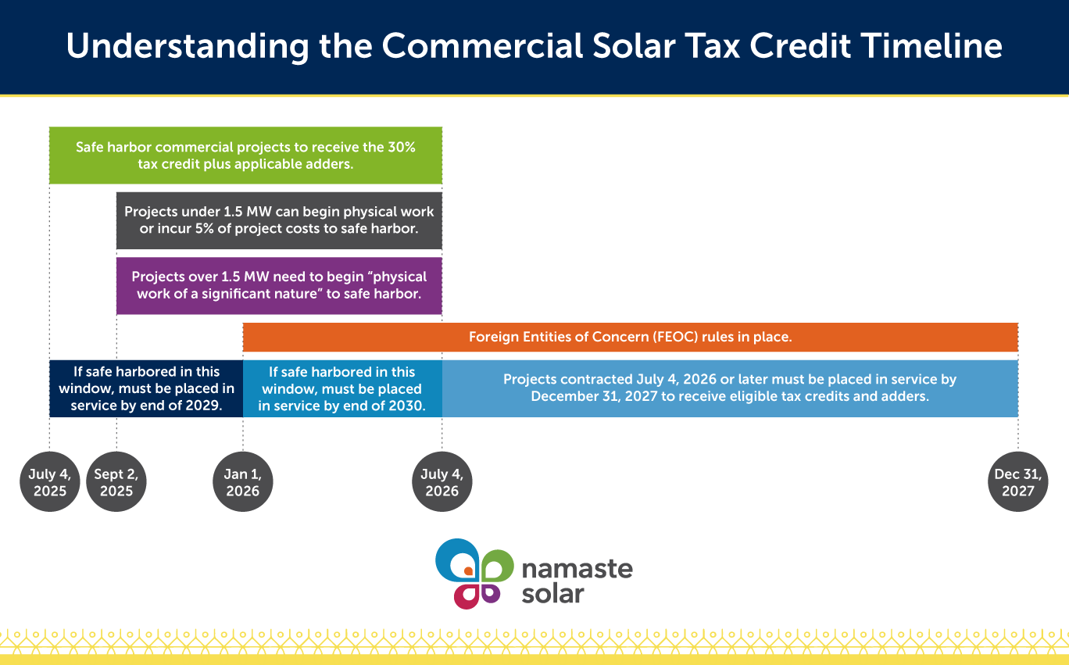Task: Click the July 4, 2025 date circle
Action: click(50, 481)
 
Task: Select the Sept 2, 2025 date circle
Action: click(116, 481)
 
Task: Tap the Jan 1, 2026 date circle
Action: click(243, 481)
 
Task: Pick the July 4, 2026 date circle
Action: click(442, 481)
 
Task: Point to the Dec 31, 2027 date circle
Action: click(1018, 481)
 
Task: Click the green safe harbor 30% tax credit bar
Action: click(246, 156)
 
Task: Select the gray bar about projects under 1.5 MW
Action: click(279, 220)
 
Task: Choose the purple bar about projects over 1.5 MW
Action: click(279, 285)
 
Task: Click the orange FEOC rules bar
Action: click(631, 337)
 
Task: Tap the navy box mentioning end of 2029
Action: click(146, 388)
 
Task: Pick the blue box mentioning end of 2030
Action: click(342, 388)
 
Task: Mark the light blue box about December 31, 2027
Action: click(730, 388)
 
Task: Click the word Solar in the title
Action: click(634, 46)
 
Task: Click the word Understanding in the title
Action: click(188, 48)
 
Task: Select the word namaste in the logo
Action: click(577, 570)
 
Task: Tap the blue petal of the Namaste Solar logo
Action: click(451, 556)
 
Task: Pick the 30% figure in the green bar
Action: click(402, 147)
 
